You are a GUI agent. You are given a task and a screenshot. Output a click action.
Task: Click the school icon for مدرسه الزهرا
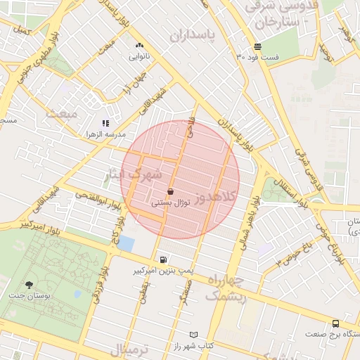pos(106,123)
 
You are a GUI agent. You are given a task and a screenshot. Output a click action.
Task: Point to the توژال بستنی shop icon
pos(171,191)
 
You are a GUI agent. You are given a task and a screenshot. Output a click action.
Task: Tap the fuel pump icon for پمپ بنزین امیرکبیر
pos(164,259)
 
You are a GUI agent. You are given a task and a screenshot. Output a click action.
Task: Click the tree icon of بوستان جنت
pos(29,285)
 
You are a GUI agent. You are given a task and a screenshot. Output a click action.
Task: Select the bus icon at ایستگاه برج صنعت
pos(335,323)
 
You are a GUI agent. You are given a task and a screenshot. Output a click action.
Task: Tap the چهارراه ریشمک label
pos(224,288)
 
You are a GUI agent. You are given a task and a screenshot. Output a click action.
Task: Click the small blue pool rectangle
pos(126,243)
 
